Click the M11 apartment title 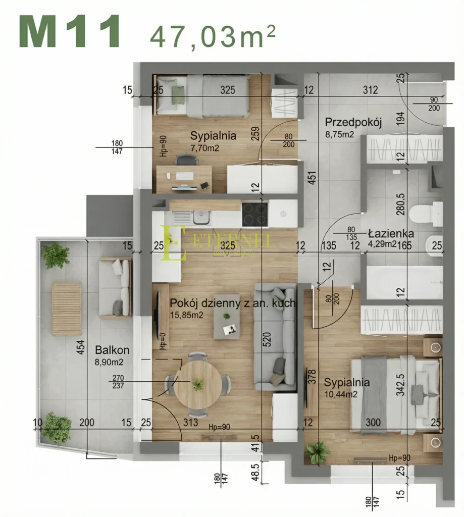pos(70,31)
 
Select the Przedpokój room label pos(352,122)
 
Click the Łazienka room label pos(391,234)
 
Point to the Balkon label pos(112,350)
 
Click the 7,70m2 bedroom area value pos(206,148)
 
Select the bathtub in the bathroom pos(404,283)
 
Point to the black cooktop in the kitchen pos(254,214)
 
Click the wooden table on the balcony pos(67,308)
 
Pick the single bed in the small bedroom pos(202,96)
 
